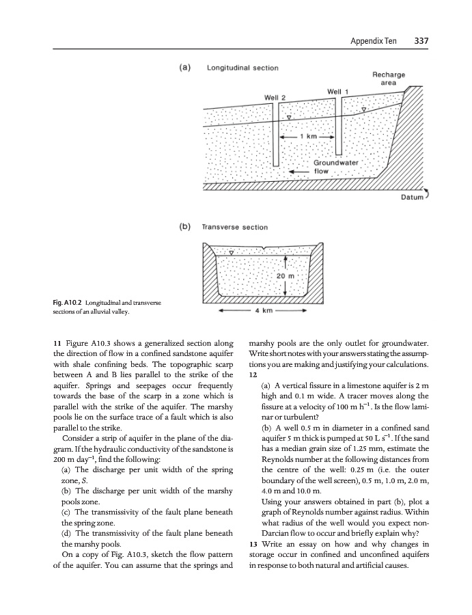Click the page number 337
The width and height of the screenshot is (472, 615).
[x=421, y=40]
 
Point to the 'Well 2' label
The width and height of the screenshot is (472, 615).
[x=275, y=97]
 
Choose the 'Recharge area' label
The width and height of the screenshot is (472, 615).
[x=389, y=77]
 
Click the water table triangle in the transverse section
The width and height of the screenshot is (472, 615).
[x=232, y=252]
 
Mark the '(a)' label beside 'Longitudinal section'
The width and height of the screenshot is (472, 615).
[x=184, y=68]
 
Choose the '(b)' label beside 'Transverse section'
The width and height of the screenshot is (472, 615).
[x=184, y=226]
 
